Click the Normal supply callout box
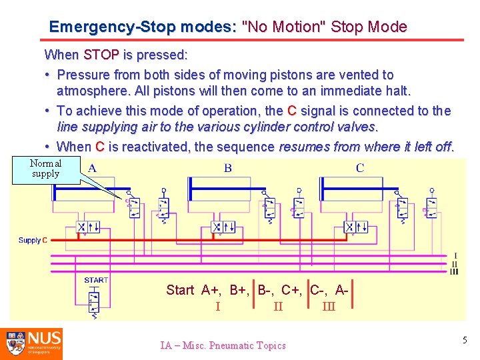click(x=46, y=169)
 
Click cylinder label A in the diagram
click(x=92, y=168)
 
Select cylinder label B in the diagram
click(x=228, y=168)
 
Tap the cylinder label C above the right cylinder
click(x=360, y=168)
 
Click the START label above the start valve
click(x=96, y=280)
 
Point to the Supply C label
click(x=33, y=240)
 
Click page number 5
click(x=465, y=341)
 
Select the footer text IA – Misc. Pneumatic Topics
click(x=223, y=345)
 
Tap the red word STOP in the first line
click(x=101, y=54)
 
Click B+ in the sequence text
click(x=239, y=290)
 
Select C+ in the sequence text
click(x=291, y=290)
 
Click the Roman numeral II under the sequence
click(x=278, y=307)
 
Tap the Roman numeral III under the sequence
click(x=329, y=307)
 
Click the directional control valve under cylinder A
click(x=87, y=227)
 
